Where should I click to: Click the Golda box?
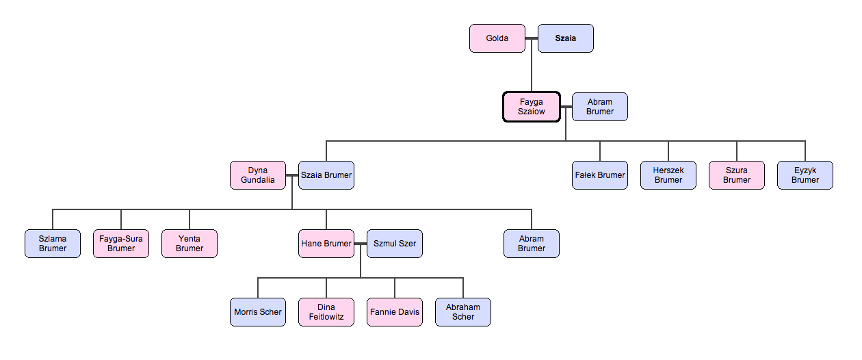tap(497, 38)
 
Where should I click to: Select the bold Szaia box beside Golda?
tap(565, 38)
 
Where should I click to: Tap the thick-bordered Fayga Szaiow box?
tap(532, 107)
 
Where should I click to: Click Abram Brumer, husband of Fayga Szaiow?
tap(599, 107)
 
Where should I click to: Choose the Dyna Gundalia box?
tap(258, 175)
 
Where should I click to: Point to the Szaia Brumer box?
tap(326, 175)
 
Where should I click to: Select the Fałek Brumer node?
tap(600, 175)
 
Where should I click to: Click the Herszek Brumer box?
tap(668, 175)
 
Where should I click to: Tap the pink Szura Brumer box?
tap(737, 175)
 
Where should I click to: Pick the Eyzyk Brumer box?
tap(805, 175)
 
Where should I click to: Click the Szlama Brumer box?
tap(53, 244)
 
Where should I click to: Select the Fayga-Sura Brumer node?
tap(121, 244)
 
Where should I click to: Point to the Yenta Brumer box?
tap(190, 244)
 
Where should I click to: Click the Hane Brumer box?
tap(326, 244)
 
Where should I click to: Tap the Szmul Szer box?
tap(395, 244)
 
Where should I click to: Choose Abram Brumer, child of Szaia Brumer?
tap(532, 244)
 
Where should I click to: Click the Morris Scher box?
tap(258, 312)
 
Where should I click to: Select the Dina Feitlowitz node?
tap(326, 312)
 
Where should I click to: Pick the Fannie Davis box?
tap(395, 312)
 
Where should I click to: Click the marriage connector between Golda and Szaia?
tap(532, 38)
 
